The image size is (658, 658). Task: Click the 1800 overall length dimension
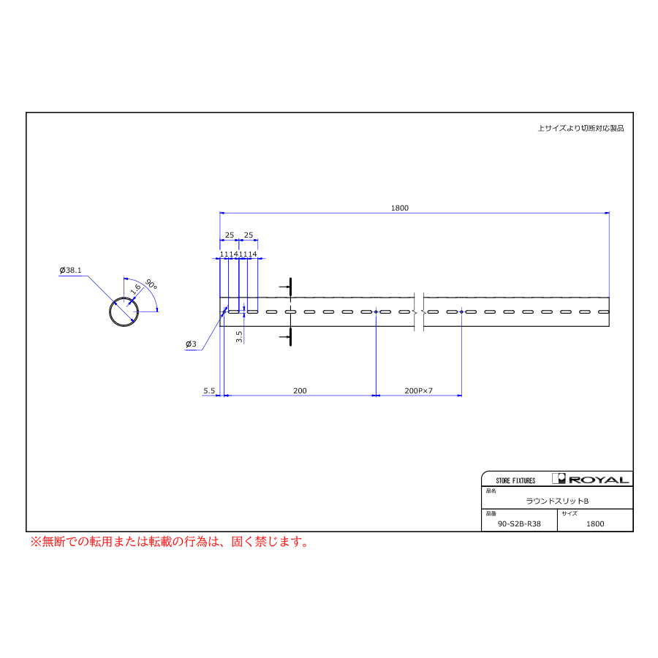399,208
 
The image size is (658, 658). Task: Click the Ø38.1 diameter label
70,271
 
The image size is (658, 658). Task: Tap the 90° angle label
151,284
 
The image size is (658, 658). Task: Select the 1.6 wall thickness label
135,289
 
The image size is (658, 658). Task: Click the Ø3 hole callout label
191,344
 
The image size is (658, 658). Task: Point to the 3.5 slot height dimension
239,336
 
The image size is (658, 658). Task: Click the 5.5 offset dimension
209,390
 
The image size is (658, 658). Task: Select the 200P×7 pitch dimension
418,390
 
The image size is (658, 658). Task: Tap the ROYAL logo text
599,480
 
